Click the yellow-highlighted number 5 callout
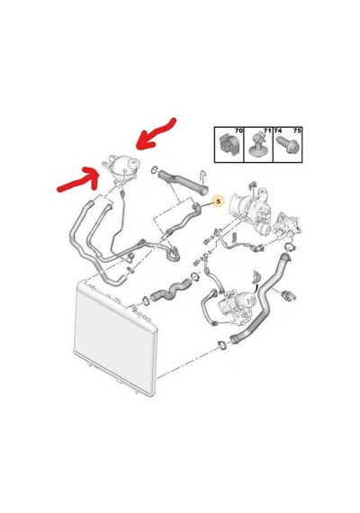[x=219, y=202]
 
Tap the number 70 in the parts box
[x=238, y=130]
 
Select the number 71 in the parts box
[x=267, y=130]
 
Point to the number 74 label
[x=278, y=130]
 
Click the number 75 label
[x=297, y=130]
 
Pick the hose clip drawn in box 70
[x=229, y=145]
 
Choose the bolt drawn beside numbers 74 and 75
[x=287, y=145]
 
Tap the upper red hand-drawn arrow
[x=157, y=135]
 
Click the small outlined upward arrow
[x=202, y=177]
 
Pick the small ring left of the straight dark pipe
[x=155, y=170]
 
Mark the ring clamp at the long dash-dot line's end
[x=222, y=345]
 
